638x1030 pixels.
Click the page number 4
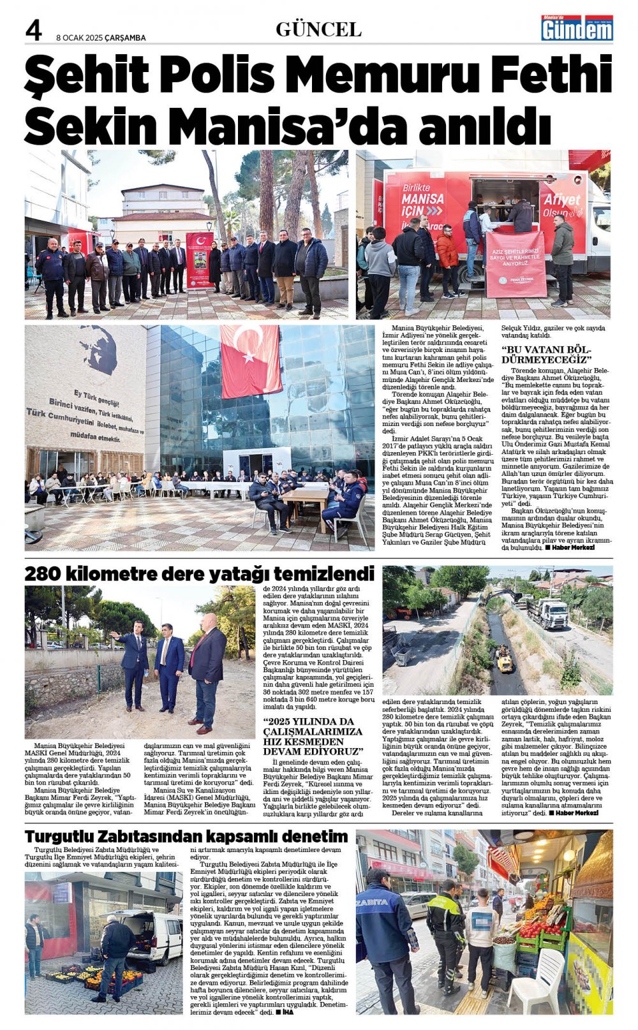click(x=33, y=30)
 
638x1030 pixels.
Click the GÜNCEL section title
click(x=318, y=29)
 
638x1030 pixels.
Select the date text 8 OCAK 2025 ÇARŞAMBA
click(x=101, y=38)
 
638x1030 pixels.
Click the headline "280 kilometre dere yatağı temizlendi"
click(x=199, y=574)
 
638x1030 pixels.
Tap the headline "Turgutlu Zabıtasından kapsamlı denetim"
click(x=186, y=836)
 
